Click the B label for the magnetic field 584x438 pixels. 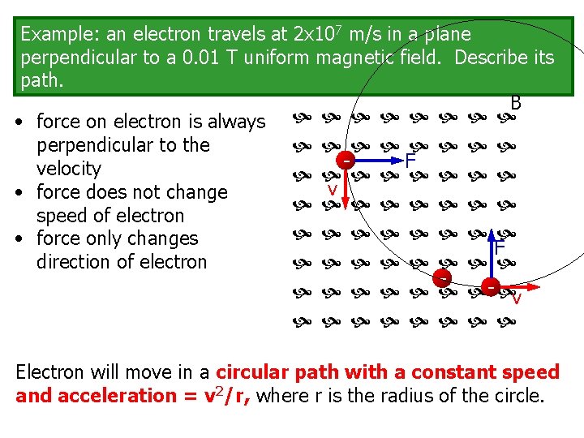pyautogui.click(x=516, y=104)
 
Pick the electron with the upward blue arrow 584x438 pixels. pyautogui.click(x=492, y=287)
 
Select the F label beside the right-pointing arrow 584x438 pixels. pyautogui.click(x=410, y=161)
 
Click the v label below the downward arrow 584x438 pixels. pyautogui.click(x=332, y=190)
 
